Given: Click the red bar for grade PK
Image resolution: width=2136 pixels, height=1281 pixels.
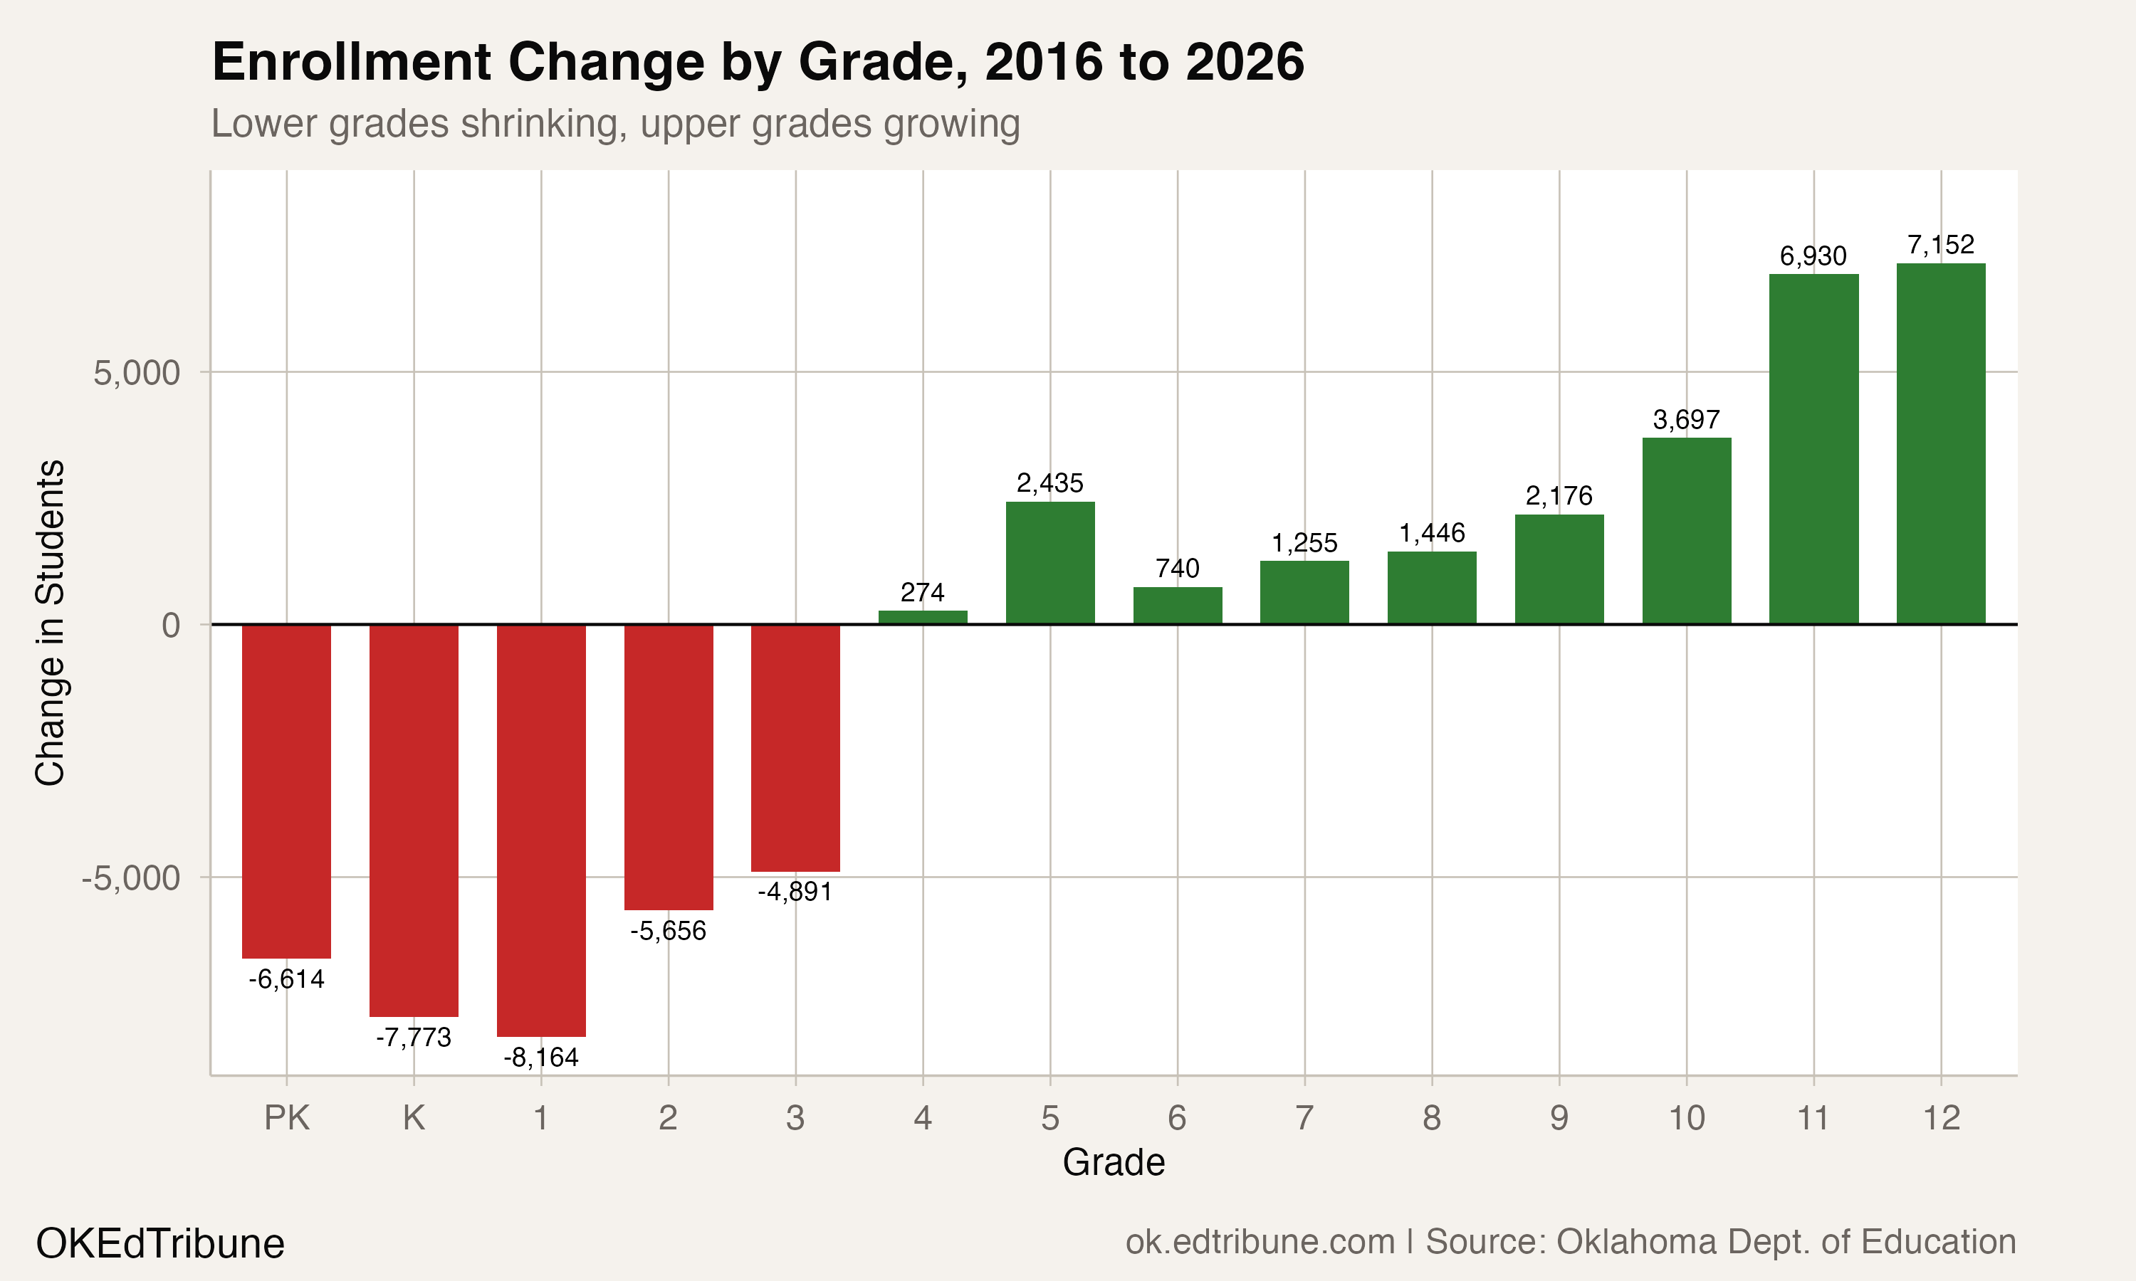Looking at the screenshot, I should pos(286,790).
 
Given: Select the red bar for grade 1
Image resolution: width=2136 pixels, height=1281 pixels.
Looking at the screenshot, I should pos(540,828).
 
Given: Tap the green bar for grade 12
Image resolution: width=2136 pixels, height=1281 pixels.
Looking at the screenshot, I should pos(1940,443).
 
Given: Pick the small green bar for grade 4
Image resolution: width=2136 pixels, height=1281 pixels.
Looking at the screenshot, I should pos(922,616).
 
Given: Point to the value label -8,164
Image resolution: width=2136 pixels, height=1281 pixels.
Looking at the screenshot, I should pos(540,1058).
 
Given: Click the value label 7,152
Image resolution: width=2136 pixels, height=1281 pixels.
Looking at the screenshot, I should pos(1940,245).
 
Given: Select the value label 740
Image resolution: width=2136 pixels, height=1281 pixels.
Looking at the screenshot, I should pos(1177,569).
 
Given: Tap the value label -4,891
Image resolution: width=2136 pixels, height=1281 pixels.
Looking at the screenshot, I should pos(795,892).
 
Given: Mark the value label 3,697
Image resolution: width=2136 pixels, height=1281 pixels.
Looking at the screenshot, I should pos(1685,421).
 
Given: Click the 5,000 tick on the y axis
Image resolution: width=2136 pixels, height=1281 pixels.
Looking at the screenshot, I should pos(137,373).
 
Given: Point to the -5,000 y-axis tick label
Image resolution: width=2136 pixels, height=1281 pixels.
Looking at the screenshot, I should pos(130,878).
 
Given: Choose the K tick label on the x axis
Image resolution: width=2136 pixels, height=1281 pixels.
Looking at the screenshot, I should pos(414,1118).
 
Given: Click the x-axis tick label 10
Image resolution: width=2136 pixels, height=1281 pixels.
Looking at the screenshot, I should pos(1685,1118).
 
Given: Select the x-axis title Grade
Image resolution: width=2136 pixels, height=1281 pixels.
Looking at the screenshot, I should pos(1113,1163).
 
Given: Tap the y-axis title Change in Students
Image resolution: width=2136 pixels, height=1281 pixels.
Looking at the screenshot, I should pos(50,623).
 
